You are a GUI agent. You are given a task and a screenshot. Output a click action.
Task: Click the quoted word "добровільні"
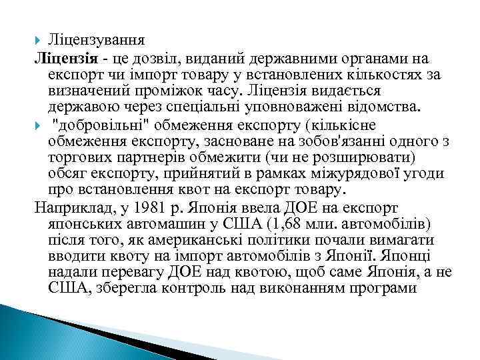pos(97,126)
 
